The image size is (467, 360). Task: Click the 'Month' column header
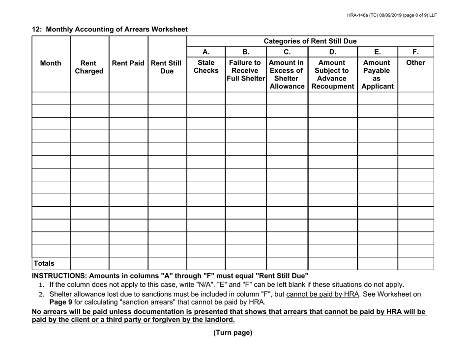(51, 63)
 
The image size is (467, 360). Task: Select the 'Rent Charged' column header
(89, 67)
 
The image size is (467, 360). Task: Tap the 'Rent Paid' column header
(128, 63)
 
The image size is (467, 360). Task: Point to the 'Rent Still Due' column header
(167, 67)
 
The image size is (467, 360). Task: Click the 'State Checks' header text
(205, 67)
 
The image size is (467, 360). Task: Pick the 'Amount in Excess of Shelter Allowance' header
(287, 75)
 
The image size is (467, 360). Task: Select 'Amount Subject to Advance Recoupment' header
(332, 75)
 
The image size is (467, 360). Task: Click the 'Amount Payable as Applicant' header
(377, 75)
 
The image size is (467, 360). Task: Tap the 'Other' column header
(415, 63)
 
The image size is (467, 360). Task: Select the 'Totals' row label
(44, 264)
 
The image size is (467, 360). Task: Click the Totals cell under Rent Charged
(89, 264)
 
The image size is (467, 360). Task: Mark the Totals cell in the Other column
(415, 264)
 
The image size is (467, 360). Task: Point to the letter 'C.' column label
(287, 52)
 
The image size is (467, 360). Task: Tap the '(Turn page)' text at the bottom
(233, 333)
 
